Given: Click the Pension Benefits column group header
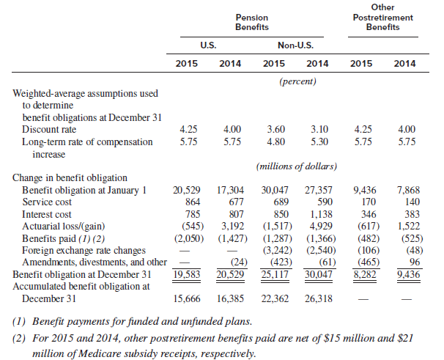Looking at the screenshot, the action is click(x=252, y=22).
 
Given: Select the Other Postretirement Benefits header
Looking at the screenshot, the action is click(x=383, y=17).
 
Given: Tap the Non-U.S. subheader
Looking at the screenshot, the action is click(x=295, y=45).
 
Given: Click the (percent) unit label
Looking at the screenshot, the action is click(x=297, y=81).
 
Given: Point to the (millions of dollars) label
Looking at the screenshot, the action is click(x=297, y=166).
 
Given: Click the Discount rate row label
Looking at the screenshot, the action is click(x=49, y=129).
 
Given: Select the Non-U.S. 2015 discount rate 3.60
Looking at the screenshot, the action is click(x=275, y=129).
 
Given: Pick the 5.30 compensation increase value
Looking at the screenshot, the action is click(x=319, y=142).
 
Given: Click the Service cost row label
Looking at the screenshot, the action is click(x=47, y=202).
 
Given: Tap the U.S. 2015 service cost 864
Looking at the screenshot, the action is click(x=193, y=202).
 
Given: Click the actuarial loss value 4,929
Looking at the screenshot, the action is click(x=319, y=227).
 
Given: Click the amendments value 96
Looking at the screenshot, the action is click(x=415, y=262).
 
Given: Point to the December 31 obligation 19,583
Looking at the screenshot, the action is click(x=187, y=274).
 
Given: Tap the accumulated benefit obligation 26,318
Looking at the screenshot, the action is click(x=319, y=298).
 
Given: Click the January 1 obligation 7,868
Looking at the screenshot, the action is click(x=408, y=190).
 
